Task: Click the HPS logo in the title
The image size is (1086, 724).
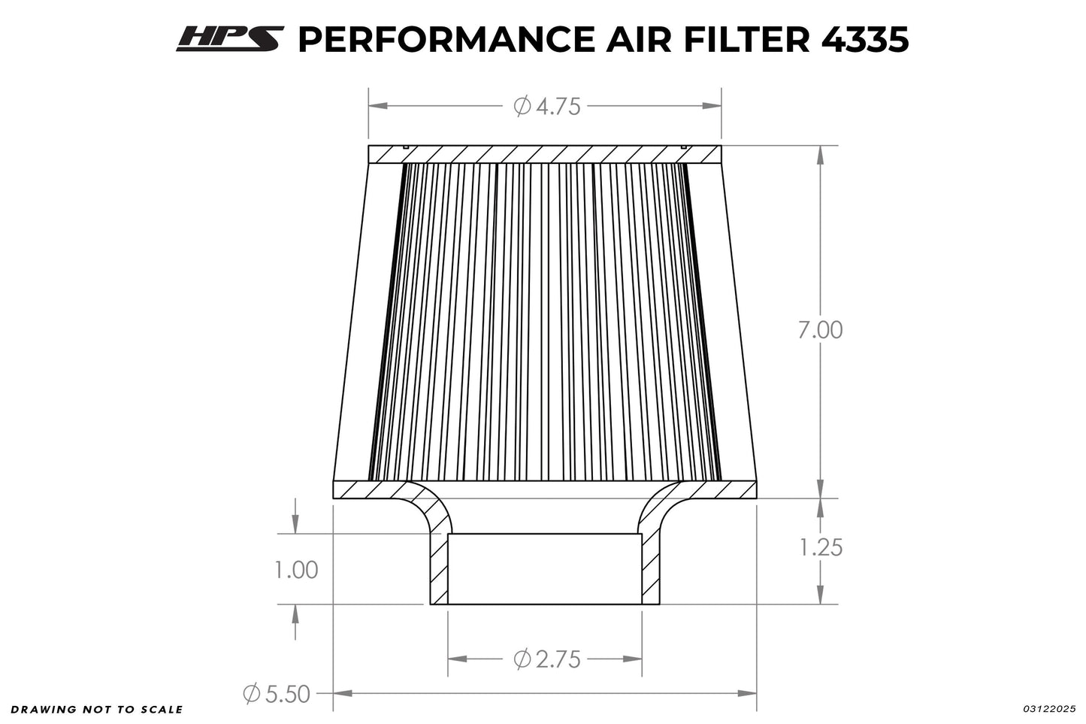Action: click(x=230, y=40)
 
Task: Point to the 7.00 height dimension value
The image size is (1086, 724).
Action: click(x=820, y=330)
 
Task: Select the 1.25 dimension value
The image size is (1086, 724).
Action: click(x=820, y=547)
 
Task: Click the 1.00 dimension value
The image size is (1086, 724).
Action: click(x=296, y=570)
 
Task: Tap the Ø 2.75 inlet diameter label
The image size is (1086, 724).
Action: click(x=547, y=659)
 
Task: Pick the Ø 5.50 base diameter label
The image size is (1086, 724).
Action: click(x=277, y=693)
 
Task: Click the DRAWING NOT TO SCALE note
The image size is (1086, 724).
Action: click(x=97, y=709)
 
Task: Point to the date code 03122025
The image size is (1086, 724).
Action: click(x=1049, y=709)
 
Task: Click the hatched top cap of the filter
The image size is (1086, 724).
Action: click(x=544, y=154)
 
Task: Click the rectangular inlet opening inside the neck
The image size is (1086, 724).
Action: click(x=544, y=568)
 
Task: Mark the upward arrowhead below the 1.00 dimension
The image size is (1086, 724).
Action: click(x=296, y=613)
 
